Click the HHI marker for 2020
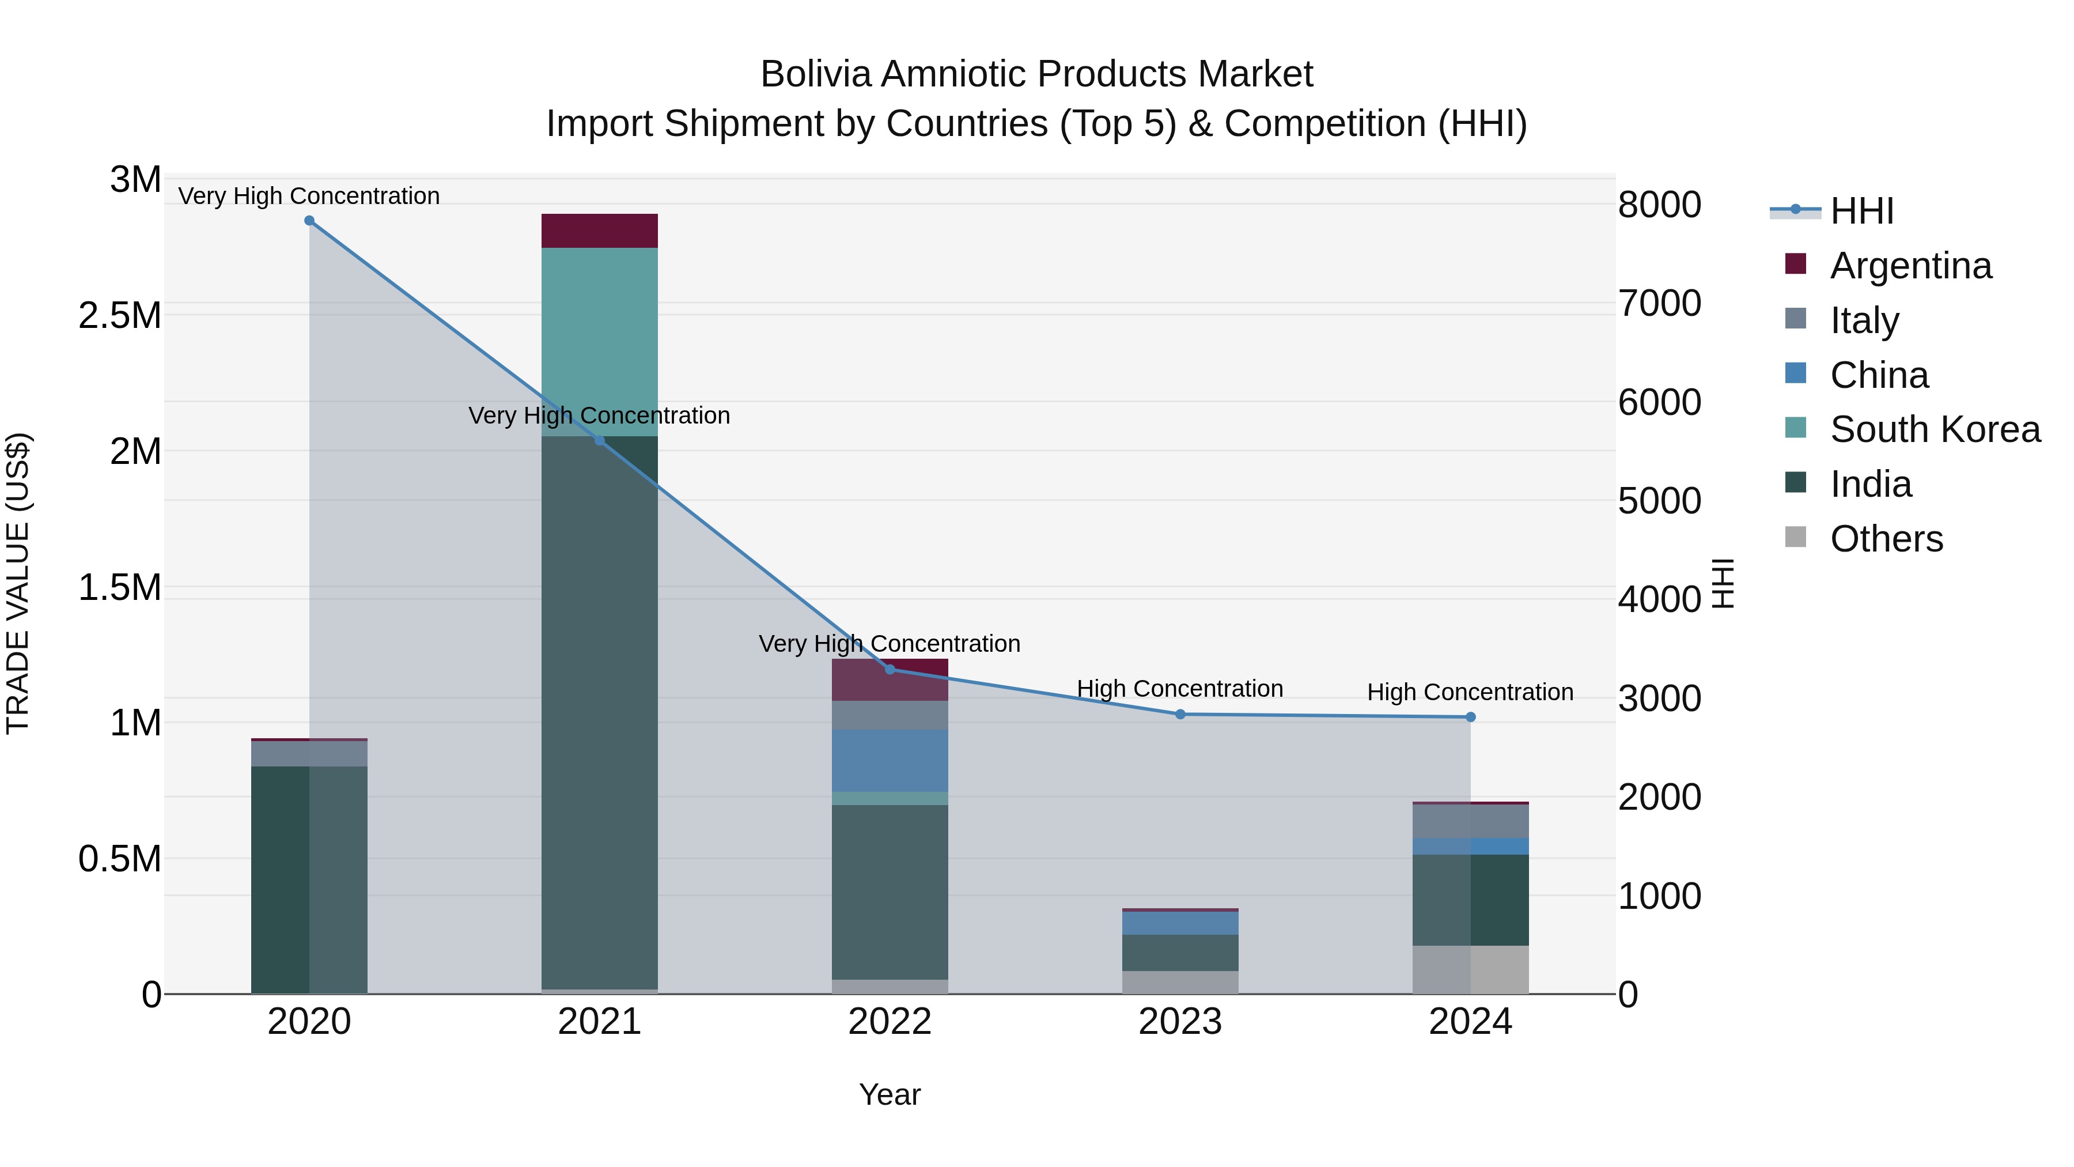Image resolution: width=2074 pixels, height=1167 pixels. pos(309,221)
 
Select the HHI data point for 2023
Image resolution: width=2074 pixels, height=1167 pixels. pos(1180,715)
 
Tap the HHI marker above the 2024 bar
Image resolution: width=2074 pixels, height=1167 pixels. pos(1471,717)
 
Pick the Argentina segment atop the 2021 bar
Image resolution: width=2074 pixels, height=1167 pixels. pos(599,231)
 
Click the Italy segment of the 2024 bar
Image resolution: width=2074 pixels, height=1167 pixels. pos(1471,821)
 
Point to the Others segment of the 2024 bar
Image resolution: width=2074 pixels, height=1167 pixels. pos(1471,970)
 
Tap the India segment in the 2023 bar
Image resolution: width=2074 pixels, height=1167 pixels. pos(1180,953)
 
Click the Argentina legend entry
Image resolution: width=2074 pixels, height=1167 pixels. pos(1910,266)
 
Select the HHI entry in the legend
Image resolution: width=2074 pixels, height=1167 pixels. pos(1861,211)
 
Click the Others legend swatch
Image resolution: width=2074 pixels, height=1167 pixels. pos(1795,537)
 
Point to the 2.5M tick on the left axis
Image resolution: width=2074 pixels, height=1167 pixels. pos(120,316)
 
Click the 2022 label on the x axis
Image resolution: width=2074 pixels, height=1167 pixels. pos(890,1022)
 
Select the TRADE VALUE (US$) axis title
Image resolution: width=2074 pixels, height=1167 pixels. pos(18,583)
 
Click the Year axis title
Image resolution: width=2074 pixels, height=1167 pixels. pos(890,1094)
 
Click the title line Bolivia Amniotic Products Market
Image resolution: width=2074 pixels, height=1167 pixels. pos(1036,74)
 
